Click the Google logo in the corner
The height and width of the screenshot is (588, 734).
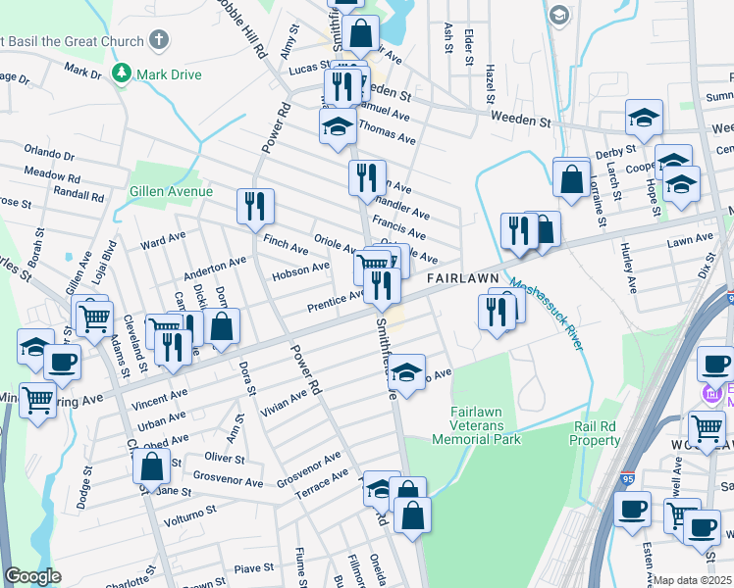(32, 576)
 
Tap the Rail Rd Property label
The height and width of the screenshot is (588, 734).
(608, 434)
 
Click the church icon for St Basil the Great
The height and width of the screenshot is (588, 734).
(159, 41)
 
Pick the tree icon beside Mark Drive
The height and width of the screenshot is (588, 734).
(122, 73)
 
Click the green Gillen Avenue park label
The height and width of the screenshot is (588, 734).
(171, 191)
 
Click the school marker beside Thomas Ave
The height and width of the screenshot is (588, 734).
(338, 125)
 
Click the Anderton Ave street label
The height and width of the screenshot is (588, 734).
(215, 265)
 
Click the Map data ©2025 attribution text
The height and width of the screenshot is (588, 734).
(693, 580)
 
